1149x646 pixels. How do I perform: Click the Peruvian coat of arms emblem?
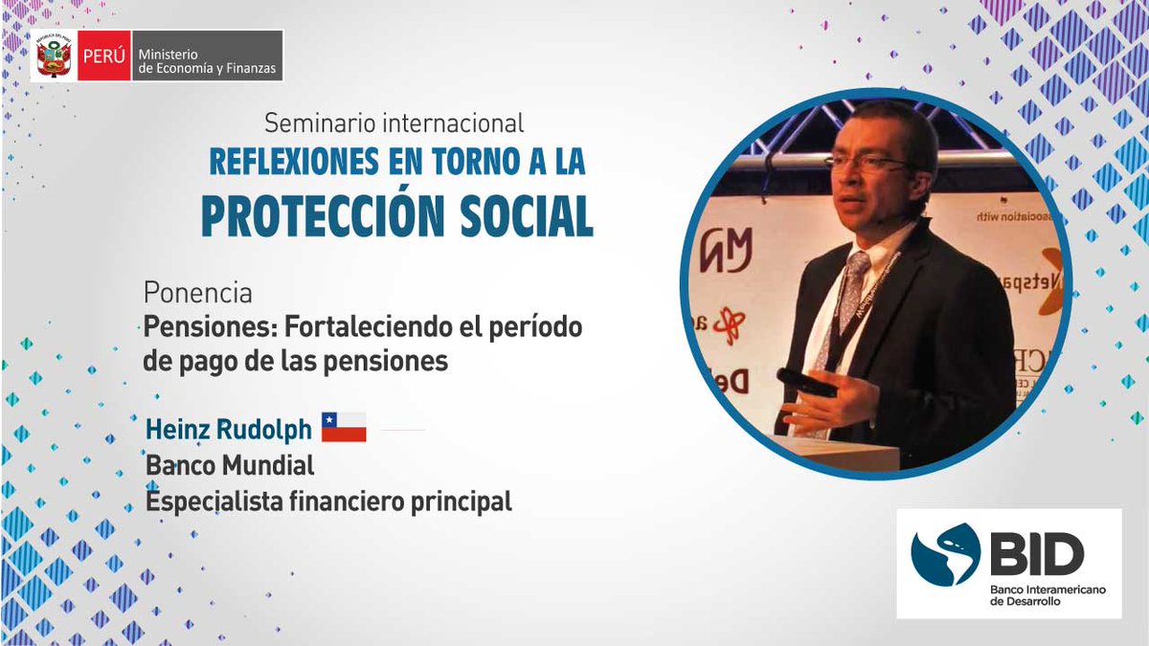(54, 56)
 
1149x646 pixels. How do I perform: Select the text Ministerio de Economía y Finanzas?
(204, 56)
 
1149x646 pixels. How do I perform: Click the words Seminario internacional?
(394, 123)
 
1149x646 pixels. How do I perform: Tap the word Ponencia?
(197, 291)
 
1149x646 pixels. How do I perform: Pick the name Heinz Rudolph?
(228, 430)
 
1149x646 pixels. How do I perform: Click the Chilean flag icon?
(344, 428)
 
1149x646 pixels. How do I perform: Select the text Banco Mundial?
(229, 466)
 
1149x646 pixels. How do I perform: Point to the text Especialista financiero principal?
(327, 501)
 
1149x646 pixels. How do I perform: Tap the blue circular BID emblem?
(946, 554)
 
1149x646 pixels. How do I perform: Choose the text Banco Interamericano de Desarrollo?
(1047, 595)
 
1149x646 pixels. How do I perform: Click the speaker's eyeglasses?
(867, 164)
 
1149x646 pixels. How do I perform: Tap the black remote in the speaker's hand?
(805, 382)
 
